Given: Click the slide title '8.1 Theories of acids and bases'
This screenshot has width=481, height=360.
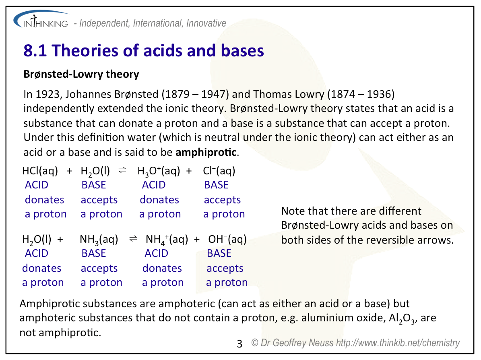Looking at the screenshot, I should pos(144,51).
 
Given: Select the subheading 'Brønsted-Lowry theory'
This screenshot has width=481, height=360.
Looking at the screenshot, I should pos(81,74).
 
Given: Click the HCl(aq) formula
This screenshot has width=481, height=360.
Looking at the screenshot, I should pos(40,171).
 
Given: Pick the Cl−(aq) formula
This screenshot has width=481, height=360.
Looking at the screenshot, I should pos(219,171).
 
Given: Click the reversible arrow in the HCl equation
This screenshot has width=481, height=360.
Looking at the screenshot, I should pos(122,171).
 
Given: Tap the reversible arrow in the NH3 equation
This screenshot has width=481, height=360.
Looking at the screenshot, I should pos(133,239).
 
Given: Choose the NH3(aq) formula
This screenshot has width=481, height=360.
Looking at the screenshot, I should pos(99,240).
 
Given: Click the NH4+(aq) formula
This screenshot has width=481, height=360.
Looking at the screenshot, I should pos(167,240).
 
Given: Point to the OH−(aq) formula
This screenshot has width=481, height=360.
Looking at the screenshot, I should pos(227,240).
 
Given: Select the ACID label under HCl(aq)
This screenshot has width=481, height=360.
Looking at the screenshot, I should pos(36,185).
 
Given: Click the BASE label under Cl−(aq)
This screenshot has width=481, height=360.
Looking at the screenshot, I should pos(216,185).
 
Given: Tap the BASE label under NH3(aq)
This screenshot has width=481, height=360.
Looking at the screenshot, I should pos(93,254).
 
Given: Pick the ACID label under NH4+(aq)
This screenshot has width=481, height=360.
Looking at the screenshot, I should pos(156,254).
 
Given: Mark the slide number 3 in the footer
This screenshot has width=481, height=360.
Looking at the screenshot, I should pos(240,344).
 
